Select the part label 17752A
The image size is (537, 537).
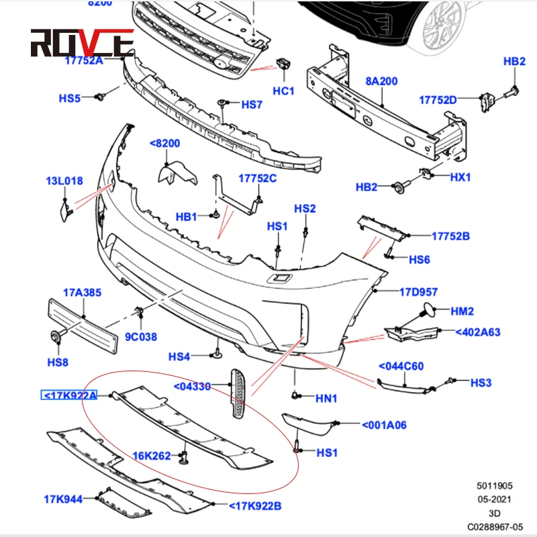pos(85,60)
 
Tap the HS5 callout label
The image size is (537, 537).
pos(70,98)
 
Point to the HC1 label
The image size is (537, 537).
pos(283,90)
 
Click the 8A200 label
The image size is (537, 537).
pos(381,81)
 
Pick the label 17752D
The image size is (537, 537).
pos(438,100)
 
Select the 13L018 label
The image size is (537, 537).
pos(64,181)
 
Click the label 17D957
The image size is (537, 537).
pos(418,292)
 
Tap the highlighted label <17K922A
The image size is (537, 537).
pos(69,395)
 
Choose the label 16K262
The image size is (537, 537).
pos(150,456)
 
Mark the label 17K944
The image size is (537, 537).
pos(63,499)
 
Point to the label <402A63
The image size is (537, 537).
pos(477,332)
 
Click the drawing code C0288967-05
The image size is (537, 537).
pos(495,526)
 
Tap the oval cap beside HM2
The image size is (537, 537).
pos(426,310)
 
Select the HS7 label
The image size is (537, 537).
pos(252,105)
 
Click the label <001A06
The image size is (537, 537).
pos(383,424)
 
